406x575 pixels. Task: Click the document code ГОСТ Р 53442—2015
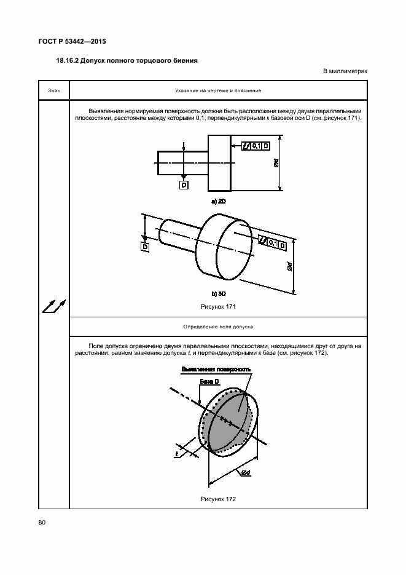click(x=72, y=42)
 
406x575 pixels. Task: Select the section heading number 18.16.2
click(x=69, y=60)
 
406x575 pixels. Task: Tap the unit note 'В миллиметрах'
click(x=345, y=71)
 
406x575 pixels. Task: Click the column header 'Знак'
click(x=54, y=91)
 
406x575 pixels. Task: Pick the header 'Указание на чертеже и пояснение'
click(x=218, y=91)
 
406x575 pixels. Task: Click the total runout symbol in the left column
click(x=54, y=305)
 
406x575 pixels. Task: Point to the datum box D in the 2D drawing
click(x=184, y=184)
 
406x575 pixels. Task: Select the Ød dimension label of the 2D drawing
click(x=276, y=164)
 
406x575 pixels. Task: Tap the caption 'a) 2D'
click(x=219, y=201)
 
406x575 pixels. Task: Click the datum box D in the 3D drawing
click(x=146, y=247)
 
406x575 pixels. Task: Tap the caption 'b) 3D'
click(x=219, y=294)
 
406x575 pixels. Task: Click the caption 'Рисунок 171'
click(x=218, y=306)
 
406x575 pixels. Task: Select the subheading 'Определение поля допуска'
click(x=218, y=327)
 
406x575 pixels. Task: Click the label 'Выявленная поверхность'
click(x=216, y=370)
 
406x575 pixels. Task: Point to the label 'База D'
click(x=209, y=382)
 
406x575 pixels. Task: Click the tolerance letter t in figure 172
click(x=176, y=454)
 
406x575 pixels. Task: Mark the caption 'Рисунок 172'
click(x=218, y=499)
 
